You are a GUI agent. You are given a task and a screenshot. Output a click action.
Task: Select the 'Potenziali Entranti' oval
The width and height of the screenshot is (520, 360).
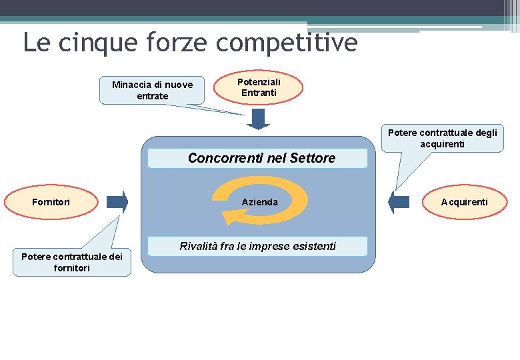pos(260,87)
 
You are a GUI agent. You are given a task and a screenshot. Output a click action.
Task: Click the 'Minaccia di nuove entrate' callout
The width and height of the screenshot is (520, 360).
pos(152,90)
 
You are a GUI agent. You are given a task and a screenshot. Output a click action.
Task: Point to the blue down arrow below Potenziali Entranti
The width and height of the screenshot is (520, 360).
pos(258,119)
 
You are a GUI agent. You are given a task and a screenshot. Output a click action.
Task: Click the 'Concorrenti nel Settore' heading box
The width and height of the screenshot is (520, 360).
pos(257,159)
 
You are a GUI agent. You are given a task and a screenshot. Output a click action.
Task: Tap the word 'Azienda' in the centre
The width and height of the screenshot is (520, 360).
pos(259,202)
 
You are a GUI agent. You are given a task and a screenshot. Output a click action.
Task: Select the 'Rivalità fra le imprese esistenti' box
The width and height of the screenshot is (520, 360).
pos(257,247)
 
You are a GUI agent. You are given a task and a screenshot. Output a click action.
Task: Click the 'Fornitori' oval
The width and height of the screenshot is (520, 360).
pos(52,202)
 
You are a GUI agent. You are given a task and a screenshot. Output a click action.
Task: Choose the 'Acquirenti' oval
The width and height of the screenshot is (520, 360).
pos(464,202)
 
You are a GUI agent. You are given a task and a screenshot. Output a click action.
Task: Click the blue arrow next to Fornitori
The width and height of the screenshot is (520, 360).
pos(117,202)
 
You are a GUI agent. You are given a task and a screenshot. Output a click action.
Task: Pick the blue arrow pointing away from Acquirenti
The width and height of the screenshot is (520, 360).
pos(399,202)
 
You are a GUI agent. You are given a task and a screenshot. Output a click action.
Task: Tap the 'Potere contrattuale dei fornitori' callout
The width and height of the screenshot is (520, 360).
pos(72,263)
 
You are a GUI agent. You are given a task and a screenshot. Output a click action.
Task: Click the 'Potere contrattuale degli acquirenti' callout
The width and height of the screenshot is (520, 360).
pos(443,139)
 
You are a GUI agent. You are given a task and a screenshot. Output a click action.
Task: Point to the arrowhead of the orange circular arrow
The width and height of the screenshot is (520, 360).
pos(230,217)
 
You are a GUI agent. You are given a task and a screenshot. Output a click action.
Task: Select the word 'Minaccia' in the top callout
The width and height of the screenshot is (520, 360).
pos(132,85)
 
